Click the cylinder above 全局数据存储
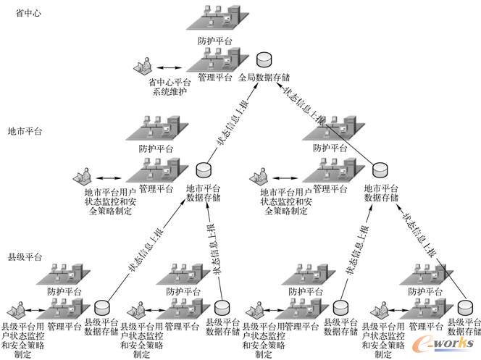click(266, 57)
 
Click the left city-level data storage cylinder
click(204, 170)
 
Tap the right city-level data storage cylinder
click(380, 170)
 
